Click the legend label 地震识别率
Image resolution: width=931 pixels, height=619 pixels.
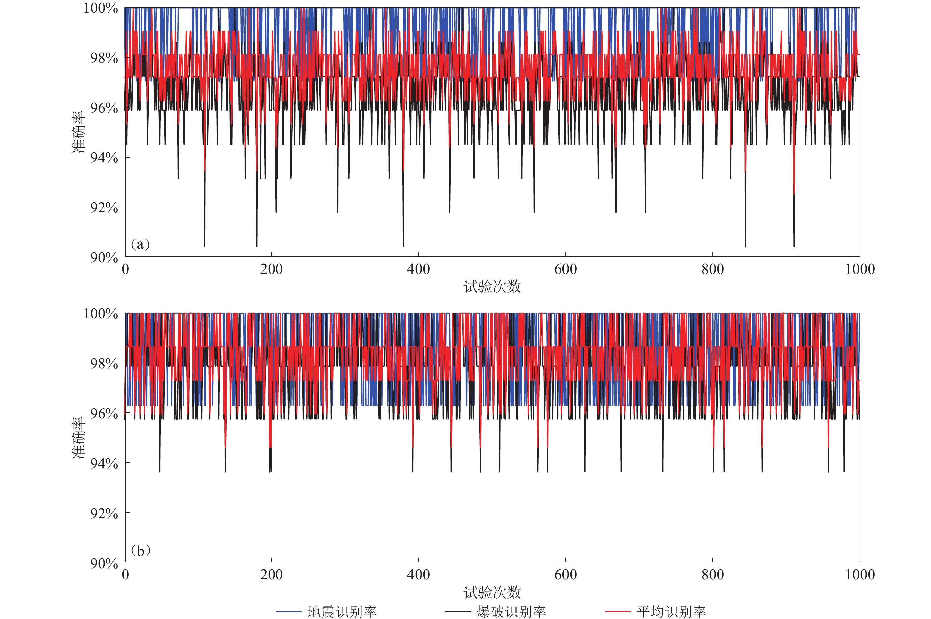(342, 612)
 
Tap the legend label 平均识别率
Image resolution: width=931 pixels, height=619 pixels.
(671, 612)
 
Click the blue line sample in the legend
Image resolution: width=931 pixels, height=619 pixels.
(288, 612)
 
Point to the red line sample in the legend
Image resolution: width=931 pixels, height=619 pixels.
(618, 612)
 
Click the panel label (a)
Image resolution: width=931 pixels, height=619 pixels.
(140, 244)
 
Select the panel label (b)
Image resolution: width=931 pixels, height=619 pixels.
(141, 550)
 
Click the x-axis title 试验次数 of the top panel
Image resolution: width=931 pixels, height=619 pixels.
(492, 287)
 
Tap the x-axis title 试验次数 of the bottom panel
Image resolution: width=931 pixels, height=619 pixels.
(492, 592)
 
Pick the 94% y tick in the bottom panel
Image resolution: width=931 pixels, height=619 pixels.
(104, 463)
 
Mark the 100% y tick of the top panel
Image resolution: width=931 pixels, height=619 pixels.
(101, 8)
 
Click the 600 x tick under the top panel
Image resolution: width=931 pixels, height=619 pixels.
(565, 269)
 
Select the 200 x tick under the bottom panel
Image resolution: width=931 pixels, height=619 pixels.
(271, 575)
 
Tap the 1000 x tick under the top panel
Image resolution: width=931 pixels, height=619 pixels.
(859, 269)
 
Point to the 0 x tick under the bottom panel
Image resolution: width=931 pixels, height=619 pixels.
(125, 575)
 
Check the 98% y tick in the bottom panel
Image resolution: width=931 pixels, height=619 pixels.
(104, 364)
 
